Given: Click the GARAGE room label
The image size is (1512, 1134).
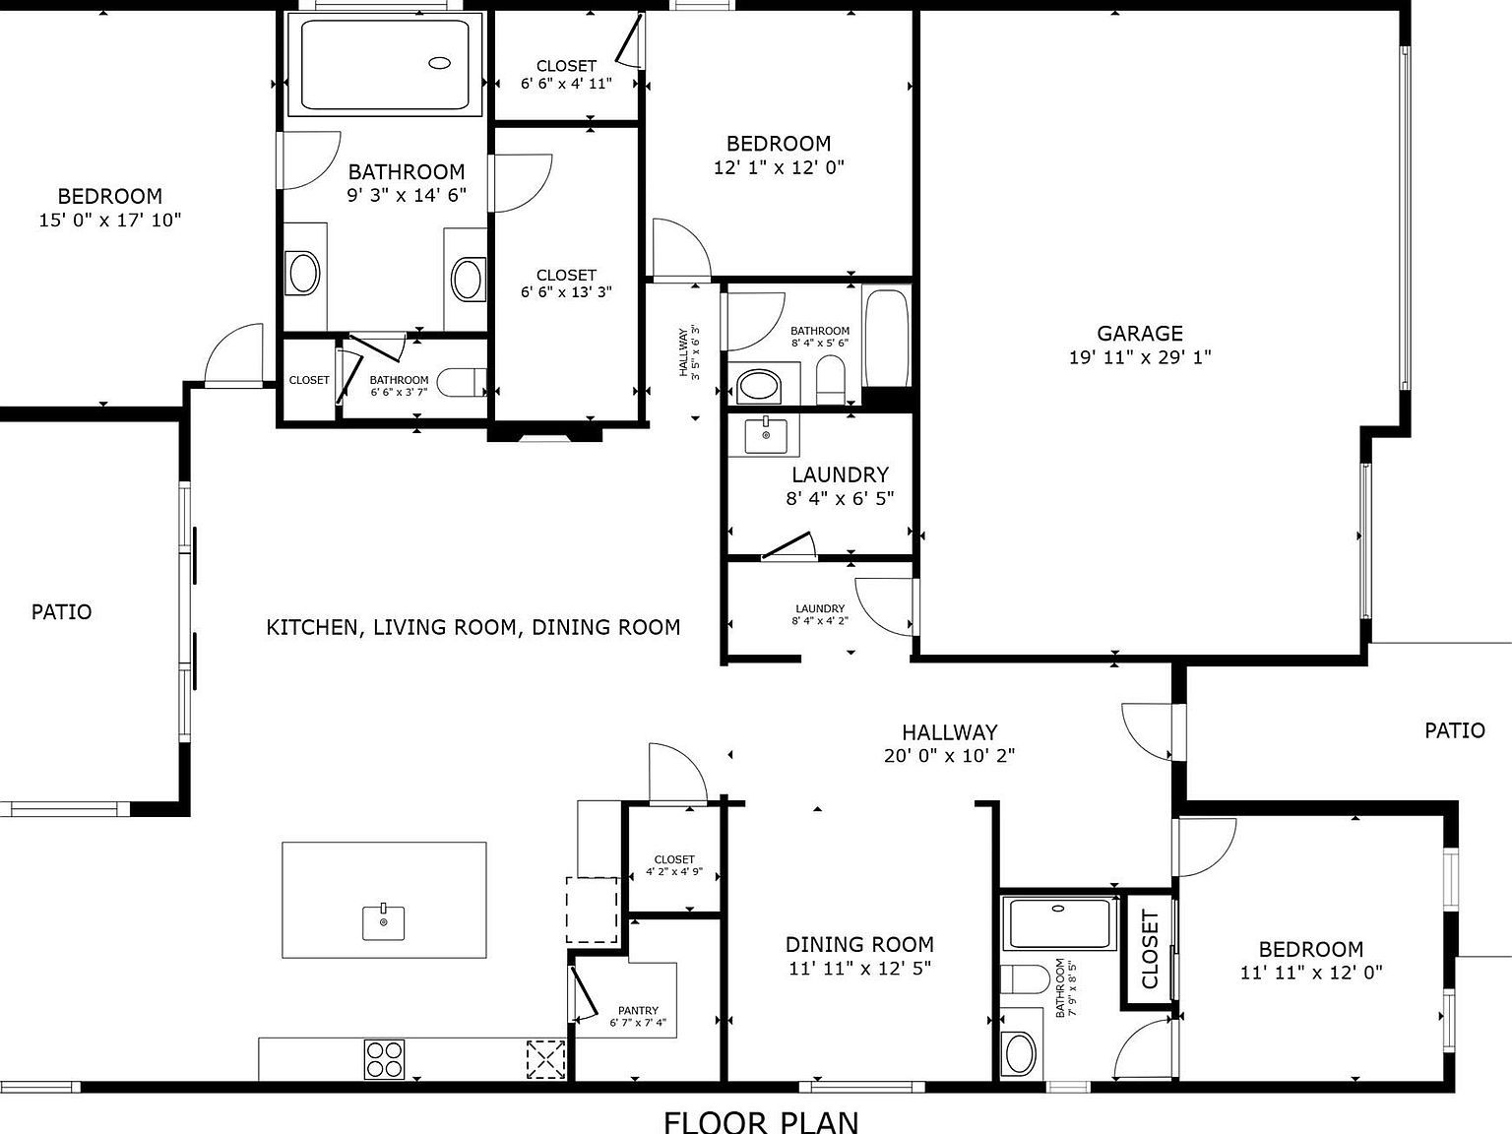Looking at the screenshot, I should pyautogui.click(x=1140, y=334).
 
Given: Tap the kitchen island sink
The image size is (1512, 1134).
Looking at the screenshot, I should pyautogui.click(x=383, y=922).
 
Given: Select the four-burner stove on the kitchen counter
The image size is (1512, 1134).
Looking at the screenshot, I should pyautogui.click(x=384, y=1060).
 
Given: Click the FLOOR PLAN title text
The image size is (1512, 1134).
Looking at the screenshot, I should pyautogui.click(x=761, y=1121).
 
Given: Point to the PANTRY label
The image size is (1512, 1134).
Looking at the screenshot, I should pyautogui.click(x=638, y=1011).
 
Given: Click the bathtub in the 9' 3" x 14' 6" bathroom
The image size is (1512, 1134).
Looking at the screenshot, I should pyautogui.click(x=385, y=65).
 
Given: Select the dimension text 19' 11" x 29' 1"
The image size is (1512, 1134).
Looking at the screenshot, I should pyautogui.click(x=1140, y=357).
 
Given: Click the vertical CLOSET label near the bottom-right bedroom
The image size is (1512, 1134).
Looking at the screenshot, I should pyautogui.click(x=1149, y=950).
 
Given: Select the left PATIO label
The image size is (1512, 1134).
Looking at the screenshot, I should pyautogui.click(x=61, y=612).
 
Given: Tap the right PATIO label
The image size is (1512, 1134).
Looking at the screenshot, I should pyautogui.click(x=1454, y=730).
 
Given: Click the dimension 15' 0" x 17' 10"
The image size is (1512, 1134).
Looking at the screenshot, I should pyautogui.click(x=109, y=220).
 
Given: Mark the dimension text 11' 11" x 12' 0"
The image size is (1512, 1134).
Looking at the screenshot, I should pyautogui.click(x=1311, y=973).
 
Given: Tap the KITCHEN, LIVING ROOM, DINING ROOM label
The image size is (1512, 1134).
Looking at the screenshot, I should pyautogui.click(x=473, y=627).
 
